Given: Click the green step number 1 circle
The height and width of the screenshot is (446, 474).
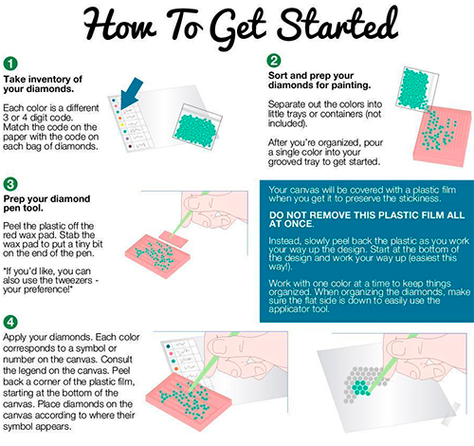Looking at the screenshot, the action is pos(10,64).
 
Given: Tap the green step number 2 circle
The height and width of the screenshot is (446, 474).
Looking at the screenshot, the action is pos(274,60).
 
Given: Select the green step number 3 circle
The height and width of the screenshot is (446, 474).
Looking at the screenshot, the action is pos(10,184).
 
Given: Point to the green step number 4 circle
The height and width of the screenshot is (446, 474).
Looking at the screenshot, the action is pos(10,322).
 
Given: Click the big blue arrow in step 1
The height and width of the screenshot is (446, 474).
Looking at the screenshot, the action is pos(130,93).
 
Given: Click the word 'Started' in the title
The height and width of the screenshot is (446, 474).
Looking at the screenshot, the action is pos(337,26).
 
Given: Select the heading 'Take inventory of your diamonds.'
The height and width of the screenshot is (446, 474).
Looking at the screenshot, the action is pos(43,84).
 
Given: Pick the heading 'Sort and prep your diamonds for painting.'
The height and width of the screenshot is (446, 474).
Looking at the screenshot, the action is pos(319,81).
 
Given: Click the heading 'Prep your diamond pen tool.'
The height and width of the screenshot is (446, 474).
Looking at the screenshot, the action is pos(46,203).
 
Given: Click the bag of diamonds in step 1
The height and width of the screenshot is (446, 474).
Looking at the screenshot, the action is pos(197,127).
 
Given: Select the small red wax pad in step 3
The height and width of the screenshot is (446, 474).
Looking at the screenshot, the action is pos(173,239).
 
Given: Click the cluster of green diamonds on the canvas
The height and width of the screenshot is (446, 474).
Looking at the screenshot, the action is pos(360,387).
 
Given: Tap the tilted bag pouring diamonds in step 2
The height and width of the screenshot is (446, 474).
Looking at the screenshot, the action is pos(416,88).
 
